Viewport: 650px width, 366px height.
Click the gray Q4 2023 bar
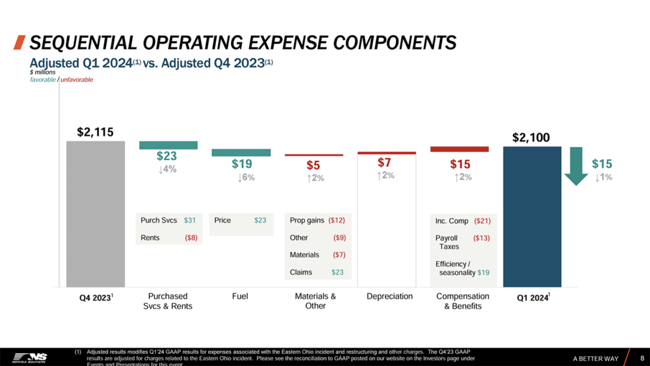95,213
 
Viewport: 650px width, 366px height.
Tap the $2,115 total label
95,132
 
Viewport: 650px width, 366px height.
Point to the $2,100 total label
531,137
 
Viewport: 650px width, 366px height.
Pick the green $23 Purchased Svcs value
167,156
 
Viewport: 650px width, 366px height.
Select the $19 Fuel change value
241,163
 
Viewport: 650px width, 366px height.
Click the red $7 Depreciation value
385,163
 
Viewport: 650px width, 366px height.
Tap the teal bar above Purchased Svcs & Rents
168,145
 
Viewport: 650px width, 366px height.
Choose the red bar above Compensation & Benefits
460,149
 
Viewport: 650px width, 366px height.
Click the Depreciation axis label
390,296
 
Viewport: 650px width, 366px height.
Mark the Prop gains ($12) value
336,220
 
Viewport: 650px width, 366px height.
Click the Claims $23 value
338,272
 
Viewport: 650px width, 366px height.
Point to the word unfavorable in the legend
77,79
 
